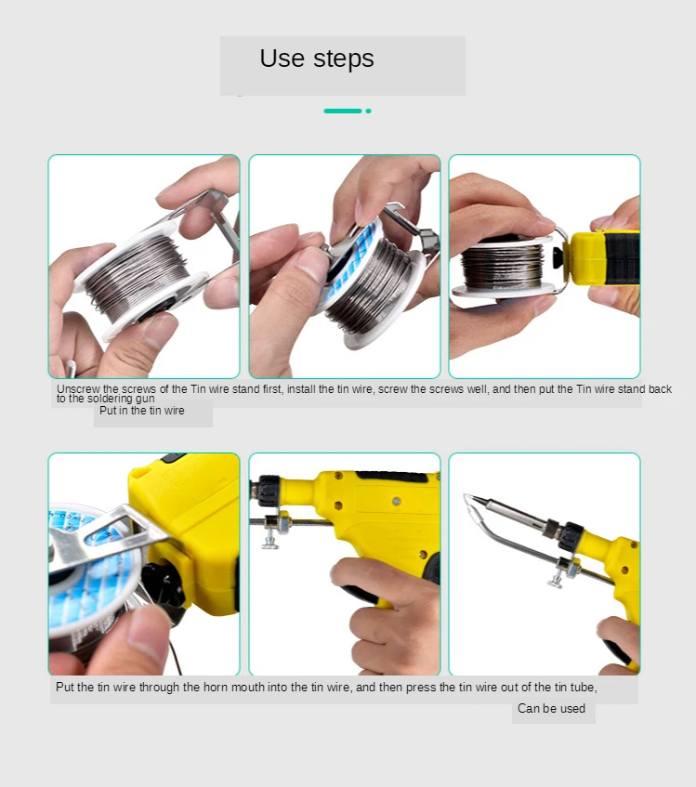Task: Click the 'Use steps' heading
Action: pos(317,59)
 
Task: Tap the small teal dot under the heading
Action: pos(369,111)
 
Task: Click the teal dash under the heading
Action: pos(343,111)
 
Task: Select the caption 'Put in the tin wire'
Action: pos(142,411)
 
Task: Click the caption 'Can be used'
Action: pos(551,708)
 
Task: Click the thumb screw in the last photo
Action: pos(556,580)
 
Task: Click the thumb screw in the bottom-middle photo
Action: pos(270,541)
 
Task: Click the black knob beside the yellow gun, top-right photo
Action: pos(558,258)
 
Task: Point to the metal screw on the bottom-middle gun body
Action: pos(397,501)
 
